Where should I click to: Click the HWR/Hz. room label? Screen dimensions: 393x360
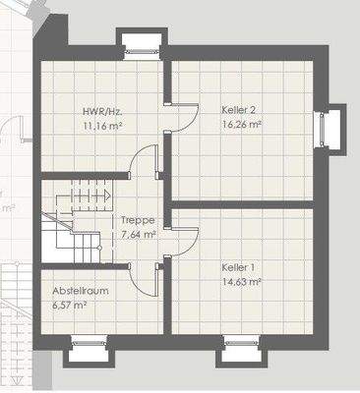(101, 113)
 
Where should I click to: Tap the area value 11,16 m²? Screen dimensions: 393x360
(102, 127)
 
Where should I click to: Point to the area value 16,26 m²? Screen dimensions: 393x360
(241, 126)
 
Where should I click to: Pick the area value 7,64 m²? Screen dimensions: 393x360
(137, 235)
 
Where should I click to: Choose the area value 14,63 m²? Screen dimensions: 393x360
(240, 281)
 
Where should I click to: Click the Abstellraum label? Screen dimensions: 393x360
(81, 292)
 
